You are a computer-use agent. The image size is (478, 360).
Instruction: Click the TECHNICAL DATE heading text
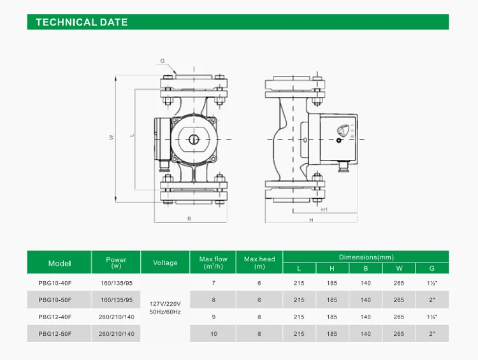coord(82,22)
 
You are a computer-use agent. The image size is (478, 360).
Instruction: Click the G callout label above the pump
coord(162,61)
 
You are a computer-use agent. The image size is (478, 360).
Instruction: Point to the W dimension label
coord(112,137)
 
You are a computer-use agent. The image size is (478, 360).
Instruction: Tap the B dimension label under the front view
coord(189,219)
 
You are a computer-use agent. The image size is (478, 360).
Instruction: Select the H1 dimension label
coord(324,210)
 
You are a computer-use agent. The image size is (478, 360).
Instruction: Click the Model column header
coord(59,263)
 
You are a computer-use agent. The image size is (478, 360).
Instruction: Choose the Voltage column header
coord(165,263)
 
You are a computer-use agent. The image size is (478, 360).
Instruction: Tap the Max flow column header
coord(213,263)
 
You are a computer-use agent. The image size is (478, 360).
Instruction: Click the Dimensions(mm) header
coord(366,257)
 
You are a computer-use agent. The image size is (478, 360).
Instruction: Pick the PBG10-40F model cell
coord(55,283)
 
